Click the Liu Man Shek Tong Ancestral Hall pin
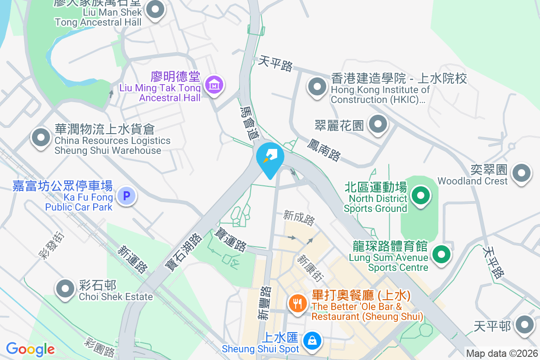[156, 9]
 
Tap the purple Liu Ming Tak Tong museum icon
[214, 84]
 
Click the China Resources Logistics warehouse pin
[41, 138]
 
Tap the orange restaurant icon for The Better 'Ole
[297, 304]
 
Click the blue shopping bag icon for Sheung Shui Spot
[312, 340]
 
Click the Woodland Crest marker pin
[522, 173]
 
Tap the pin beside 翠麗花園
[378, 125]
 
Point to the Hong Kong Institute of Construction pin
[317, 86]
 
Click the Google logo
[30, 349]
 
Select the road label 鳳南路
[324, 150]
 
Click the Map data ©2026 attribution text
[502, 353]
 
